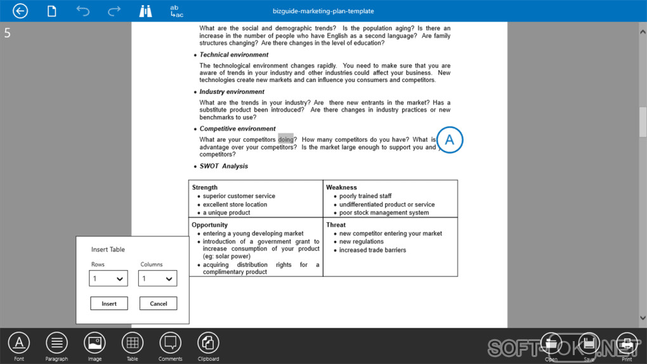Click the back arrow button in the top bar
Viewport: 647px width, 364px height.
pos(20,11)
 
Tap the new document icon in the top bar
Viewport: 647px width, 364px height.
pos(52,11)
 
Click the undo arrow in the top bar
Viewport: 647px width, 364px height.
pos(82,11)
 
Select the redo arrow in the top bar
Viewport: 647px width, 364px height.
pos(114,11)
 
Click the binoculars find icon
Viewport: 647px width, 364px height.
pos(146,11)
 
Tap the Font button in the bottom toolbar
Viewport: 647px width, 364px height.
pos(19,343)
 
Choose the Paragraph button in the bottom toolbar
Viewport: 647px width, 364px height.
pos(56,343)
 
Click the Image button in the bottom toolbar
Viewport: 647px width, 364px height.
pos(95,343)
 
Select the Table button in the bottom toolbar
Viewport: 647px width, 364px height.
pos(132,343)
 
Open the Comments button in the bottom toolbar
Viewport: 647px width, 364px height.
pos(170,343)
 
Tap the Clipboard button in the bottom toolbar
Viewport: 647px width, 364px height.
pos(208,343)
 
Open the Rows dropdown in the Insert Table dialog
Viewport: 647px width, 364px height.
pos(108,278)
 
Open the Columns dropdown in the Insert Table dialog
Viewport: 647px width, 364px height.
pos(157,278)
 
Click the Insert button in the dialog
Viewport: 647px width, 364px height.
pos(109,304)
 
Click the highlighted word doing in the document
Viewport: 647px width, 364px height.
pos(286,140)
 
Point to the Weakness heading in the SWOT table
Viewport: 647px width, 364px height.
pos(341,187)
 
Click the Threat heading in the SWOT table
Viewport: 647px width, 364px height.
pos(336,225)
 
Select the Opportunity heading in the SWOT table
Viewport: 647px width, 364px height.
pos(210,225)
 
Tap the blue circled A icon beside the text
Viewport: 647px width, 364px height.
pos(450,140)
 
